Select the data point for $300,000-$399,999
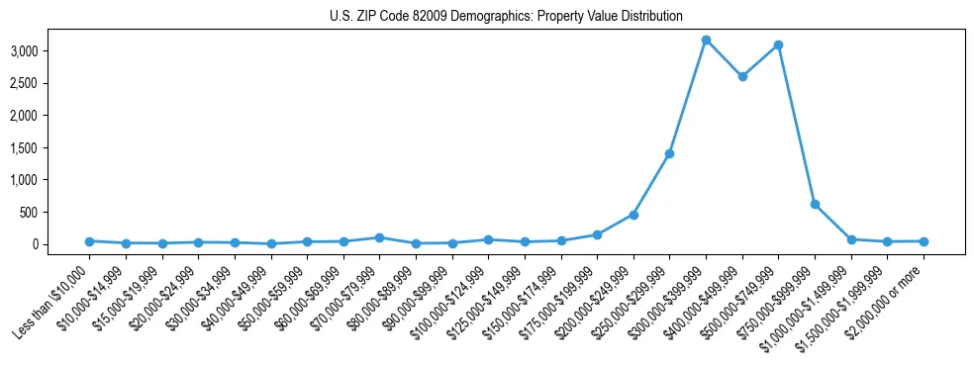coord(706,40)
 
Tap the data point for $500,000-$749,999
coord(778,45)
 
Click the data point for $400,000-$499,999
coord(742,76)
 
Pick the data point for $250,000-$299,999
coord(669,153)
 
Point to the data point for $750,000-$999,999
coord(815,204)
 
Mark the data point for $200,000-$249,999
coord(633,215)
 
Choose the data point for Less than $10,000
coord(89,241)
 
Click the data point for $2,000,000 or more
coord(924,241)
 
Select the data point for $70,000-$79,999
coord(379,237)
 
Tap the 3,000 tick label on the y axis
coord(51,50)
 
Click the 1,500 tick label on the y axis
coord(51,147)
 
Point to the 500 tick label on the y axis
coord(56,212)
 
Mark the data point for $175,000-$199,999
coord(597,234)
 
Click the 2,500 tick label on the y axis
coord(51,83)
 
